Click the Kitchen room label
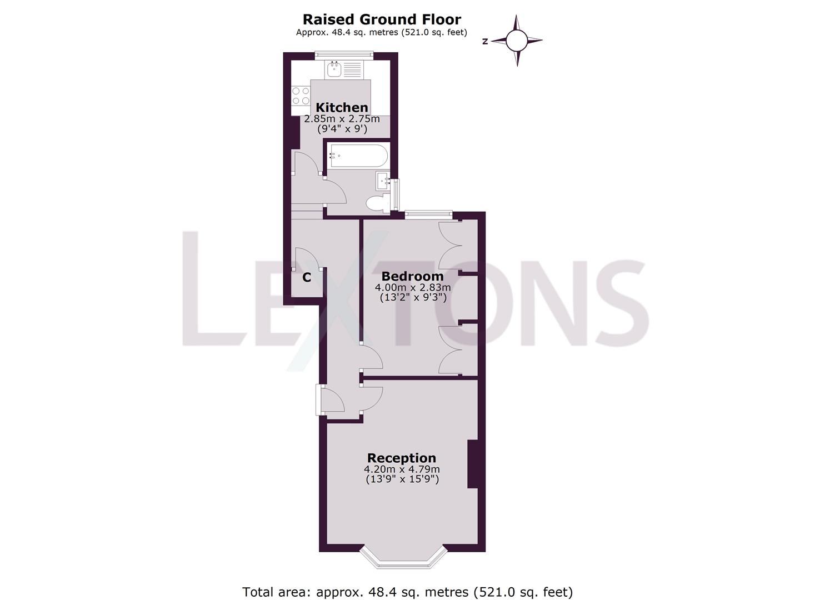342,107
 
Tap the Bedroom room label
412,276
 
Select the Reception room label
402,458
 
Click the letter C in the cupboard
306,277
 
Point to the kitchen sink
334,69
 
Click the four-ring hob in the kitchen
301,96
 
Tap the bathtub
357,156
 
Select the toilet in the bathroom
378,202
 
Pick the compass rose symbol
517,40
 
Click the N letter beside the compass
485,41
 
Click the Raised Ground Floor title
381,19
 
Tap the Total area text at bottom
407,592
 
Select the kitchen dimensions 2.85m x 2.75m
342,119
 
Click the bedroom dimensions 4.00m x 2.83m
412,288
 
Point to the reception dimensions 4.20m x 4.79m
402,470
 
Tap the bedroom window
428,213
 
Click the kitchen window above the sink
343,54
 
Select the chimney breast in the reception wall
473,464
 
